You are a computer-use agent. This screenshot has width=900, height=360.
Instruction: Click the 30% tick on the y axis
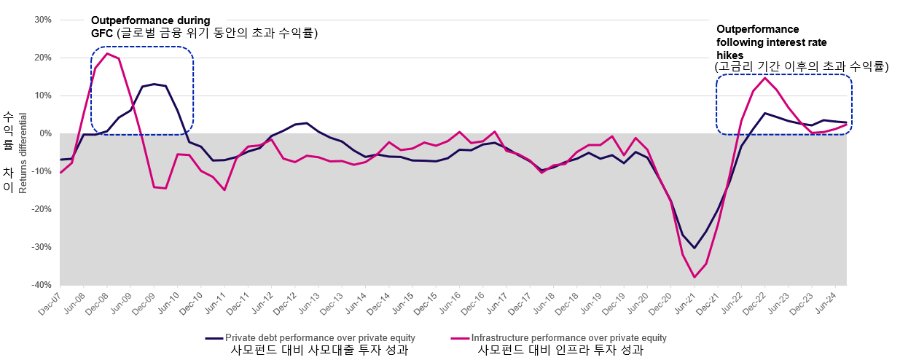(43, 20)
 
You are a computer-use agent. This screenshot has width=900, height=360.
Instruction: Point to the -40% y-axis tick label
(42, 285)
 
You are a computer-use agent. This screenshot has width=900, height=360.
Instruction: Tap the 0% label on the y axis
(45, 133)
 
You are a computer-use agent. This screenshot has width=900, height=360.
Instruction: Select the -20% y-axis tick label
(42, 209)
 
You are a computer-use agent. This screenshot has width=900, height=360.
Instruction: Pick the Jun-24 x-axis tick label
(838, 305)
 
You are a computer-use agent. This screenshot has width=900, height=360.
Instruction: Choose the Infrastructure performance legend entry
(568, 338)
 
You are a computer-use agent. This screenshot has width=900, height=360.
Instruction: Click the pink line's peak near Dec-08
(107, 53)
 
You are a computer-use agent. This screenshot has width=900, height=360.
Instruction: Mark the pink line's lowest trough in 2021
(694, 277)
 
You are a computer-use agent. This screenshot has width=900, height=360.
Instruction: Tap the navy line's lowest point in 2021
(694, 248)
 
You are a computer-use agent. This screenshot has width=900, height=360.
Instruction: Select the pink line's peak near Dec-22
(764, 78)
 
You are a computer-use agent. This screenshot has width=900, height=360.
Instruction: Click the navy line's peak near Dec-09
(154, 84)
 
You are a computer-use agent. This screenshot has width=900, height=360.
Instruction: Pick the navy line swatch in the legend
(213, 338)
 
